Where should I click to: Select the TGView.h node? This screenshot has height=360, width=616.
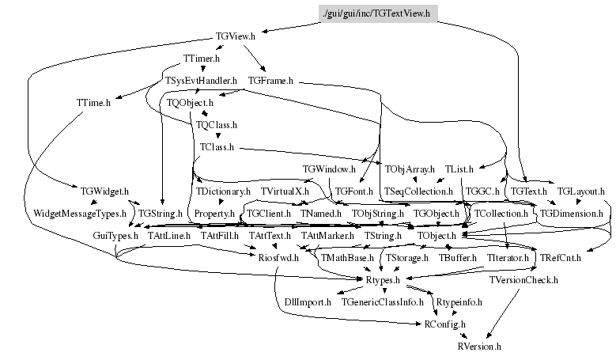[235, 36]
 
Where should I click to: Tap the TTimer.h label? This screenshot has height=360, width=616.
[201, 59]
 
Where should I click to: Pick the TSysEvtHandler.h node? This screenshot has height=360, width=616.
[201, 81]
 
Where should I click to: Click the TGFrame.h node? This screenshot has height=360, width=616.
[270, 81]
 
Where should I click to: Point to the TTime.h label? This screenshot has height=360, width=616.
[93, 102]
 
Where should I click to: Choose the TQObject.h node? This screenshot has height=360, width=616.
[190, 103]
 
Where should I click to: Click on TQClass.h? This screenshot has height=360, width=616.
[216, 125]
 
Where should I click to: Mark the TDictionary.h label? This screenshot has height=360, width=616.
[223, 191]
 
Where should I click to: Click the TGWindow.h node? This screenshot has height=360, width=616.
[329, 169]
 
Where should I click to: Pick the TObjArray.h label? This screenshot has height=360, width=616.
[410, 169]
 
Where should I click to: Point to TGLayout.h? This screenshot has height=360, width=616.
[580, 191]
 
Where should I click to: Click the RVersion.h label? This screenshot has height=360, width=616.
[479, 347]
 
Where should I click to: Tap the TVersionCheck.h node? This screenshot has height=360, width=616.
[523, 280]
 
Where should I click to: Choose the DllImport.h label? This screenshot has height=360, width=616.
[308, 302]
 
